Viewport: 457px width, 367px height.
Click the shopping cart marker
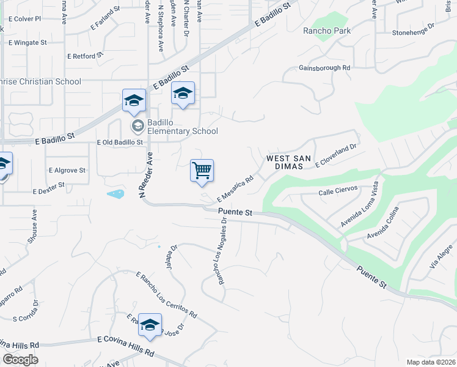[x=202, y=171]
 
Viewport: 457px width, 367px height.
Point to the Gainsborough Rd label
[x=324, y=68]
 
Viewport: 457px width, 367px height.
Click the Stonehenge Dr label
[x=413, y=29]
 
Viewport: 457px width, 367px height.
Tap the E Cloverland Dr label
[x=335, y=155]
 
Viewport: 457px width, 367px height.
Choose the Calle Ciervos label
[x=337, y=193]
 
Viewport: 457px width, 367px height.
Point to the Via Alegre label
[x=441, y=256]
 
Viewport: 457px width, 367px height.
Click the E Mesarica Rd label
[x=235, y=189]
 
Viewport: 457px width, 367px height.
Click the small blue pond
[x=115, y=194]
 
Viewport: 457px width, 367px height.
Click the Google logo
[x=20, y=359]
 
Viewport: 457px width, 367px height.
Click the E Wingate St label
[x=27, y=43]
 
